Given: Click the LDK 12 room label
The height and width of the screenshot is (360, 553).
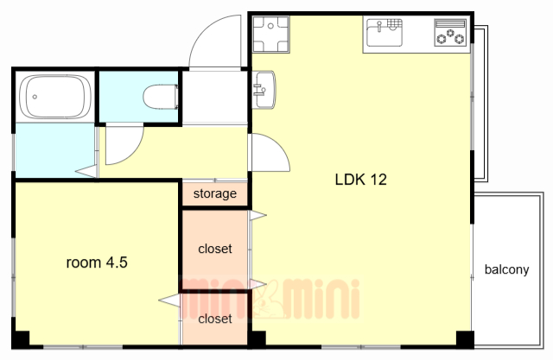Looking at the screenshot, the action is pyautogui.click(x=360, y=180).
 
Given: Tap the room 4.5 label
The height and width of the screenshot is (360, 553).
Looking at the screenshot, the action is pyautogui.click(x=97, y=262).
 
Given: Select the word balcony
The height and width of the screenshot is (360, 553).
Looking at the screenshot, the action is pyautogui.click(x=507, y=269).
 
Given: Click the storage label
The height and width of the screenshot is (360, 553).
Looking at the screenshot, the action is pyautogui.click(x=215, y=193).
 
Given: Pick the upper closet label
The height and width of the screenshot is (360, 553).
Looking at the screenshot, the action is pyautogui.click(x=215, y=249).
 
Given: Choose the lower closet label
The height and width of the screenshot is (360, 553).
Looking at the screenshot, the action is pyautogui.click(x=215, y=319).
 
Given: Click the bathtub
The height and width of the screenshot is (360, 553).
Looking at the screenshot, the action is pyautogui.click(x=55, y=97).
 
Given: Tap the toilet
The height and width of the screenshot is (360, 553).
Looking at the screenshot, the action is pyautogui.click(x=161, y=96).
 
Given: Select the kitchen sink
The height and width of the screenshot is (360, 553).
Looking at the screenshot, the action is pyautogui.click(x=385, y=33).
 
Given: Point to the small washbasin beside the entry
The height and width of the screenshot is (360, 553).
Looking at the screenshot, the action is pyautogui.click(x=264, y=90).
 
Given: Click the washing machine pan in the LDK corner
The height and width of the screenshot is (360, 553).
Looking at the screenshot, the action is pyautogui.click(x=270, y=35).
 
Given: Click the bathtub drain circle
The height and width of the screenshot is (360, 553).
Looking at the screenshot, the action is pyautogui.click(x=35, y=97).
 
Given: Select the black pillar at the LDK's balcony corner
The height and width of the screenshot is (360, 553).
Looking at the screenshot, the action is pyautogui.click(x=465, y=339).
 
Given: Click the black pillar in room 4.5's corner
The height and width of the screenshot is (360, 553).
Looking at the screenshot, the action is pyautogui.click(x=21, y=339).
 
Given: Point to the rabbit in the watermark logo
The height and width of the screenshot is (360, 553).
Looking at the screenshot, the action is pyautogui.click(x=269, y=300).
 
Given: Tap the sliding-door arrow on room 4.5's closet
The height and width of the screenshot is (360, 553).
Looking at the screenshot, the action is pyautogui.click(x=169, y=300).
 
